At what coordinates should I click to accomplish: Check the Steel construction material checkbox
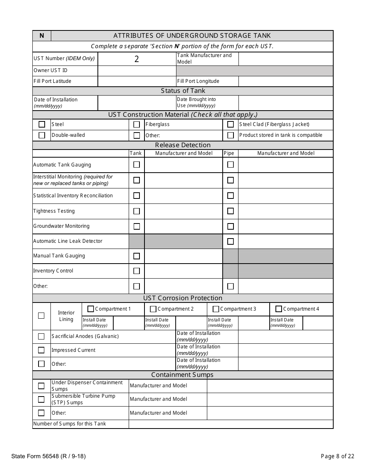pyautogui.click(x=42, y=124)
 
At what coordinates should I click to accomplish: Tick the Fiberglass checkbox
pyautogui.click(x=136, y=124)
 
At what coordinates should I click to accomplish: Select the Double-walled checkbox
pyautogui.click(x=42, y=135)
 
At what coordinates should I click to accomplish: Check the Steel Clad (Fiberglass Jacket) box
pyautogui.click(x=230, y=124)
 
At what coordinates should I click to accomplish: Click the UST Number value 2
pyautogui.click(x=136, y=59)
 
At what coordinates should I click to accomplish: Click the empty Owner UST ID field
pyautogui.click(x=137, y=71)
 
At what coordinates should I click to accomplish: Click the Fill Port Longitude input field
pyautogui.click(x=285, y=81)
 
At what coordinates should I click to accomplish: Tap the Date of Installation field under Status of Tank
pyautogui.click(x=137, y=103)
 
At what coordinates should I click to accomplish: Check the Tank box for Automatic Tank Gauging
pyautogui.click(x=136, y=165)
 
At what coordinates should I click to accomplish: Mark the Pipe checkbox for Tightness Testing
pyautogui.click(x=230, y=211)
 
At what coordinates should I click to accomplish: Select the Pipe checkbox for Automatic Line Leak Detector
pyautogui.click(x=230, y=241)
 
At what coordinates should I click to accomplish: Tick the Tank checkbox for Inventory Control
pyautogui.click(x=136, y=271)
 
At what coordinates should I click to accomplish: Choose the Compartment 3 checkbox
pyautogui.click(x=216, y=309)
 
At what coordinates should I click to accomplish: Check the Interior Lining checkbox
pyautogui.click(x=41, y=316)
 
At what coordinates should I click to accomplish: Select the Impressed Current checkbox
pyautogui.click(x=41, y=350)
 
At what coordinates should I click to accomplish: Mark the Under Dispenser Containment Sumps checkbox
pyautogui.click(x=41, y=386)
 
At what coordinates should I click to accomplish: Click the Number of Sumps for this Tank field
pyautogui.click(x=230, y=424)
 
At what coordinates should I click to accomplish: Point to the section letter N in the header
pyautogui.click(x=42, y=36)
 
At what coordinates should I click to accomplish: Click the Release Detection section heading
pyautogui.click(x=183, y=145)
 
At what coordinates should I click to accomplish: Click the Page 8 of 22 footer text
pyautogui.click(x=337, y=457)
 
